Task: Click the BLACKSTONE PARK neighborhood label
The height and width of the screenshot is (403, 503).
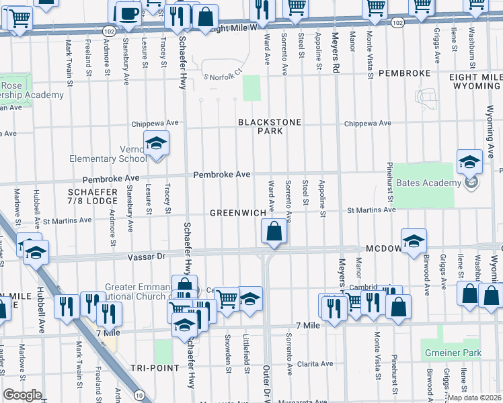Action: click(269, 127)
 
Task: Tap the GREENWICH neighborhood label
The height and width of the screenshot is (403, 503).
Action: click(238, 213)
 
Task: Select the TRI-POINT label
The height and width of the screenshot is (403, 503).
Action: click(155, 368)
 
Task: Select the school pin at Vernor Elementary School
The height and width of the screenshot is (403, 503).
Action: click(156, 144)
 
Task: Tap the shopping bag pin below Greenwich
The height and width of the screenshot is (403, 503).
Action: click(274, 232)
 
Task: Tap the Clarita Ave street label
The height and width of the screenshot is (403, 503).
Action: click(315, 364)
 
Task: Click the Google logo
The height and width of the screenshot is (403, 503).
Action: click(22, 395)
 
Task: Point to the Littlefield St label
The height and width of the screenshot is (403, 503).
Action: click(247, 354)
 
